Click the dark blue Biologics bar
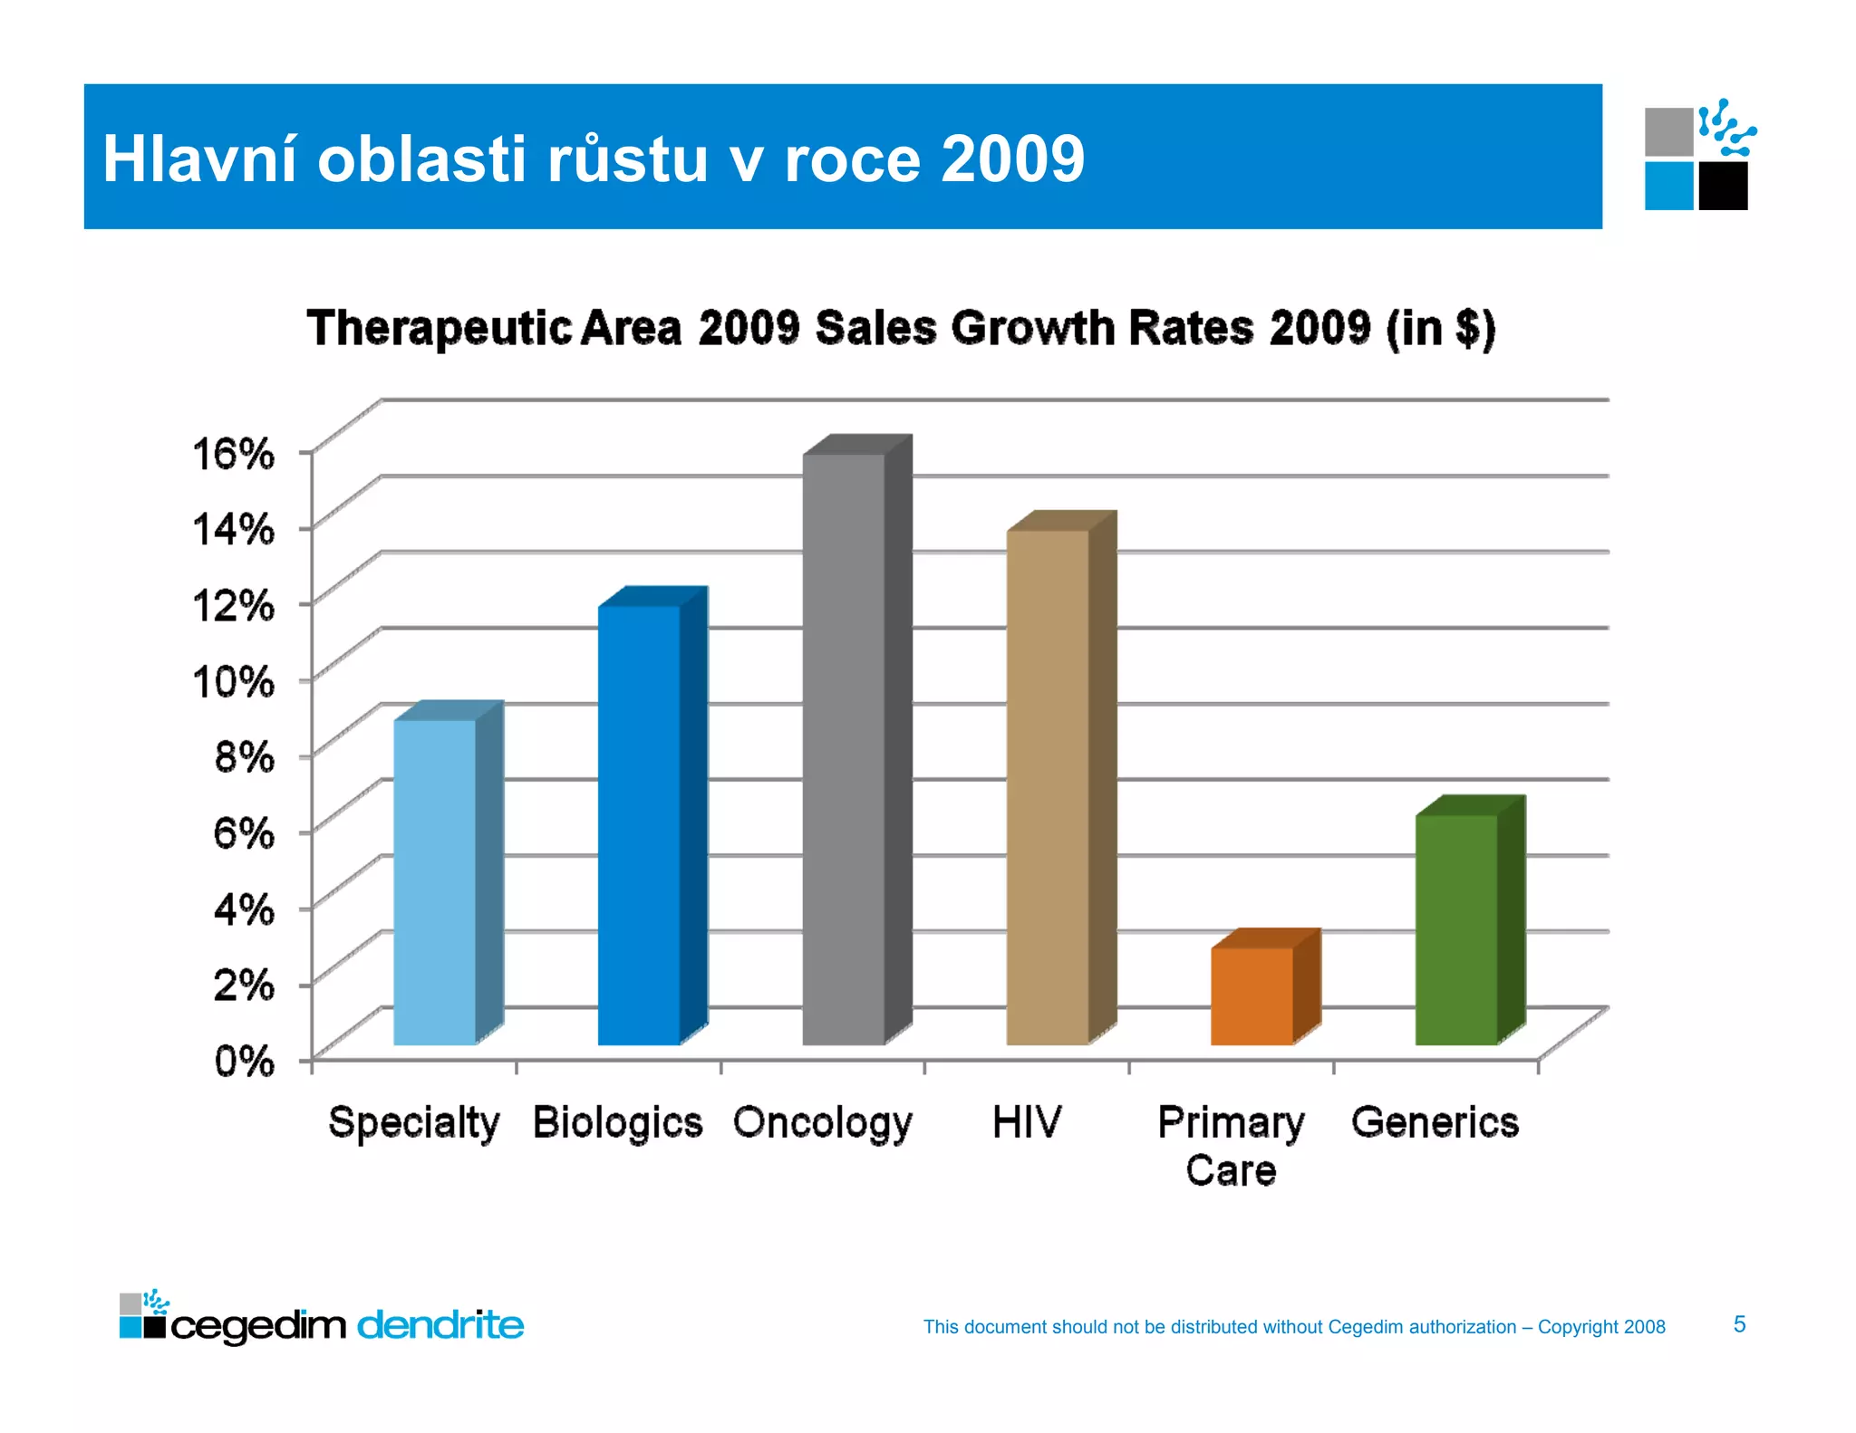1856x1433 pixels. point(639,824)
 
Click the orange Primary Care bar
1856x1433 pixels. point(1252,995)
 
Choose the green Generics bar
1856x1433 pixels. point(1456,928)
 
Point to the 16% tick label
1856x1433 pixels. point(233,452)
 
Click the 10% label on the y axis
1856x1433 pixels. point(233,680)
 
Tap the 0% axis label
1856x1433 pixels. point(244,1060)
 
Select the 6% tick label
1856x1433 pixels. point(244,832)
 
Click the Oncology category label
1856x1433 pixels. point(822,1123)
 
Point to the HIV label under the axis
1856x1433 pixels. point(1026,1122)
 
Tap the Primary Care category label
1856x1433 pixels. point(1231,1146)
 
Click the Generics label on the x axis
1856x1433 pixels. point(1435,1122)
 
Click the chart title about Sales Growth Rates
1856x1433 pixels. point(901,328)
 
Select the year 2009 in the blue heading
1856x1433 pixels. point(1012,159)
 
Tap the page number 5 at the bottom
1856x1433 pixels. point(1739,1324)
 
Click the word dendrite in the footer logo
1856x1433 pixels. point(440,1325)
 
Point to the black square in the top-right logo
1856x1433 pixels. point(1723,187)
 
